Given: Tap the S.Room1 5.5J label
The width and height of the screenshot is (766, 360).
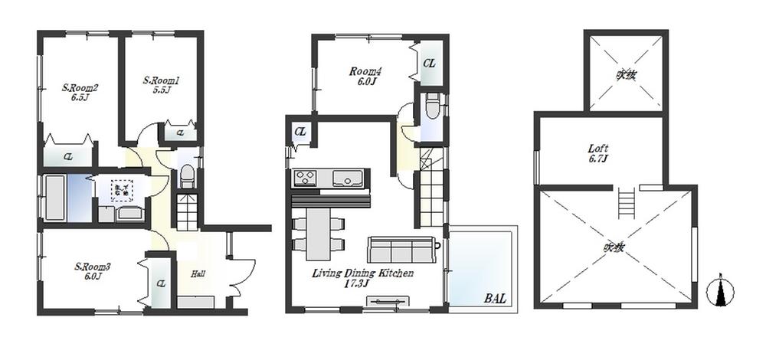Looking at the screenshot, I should pyautogui.click(x=161, y=84).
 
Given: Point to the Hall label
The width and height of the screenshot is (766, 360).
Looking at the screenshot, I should pyautogui.click(x=197, y=273).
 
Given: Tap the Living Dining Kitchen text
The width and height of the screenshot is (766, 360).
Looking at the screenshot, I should pyautogui.click(x=363, y=273).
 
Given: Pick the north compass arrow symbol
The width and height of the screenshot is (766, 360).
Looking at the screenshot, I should pyautogui.click(x=720, y=291).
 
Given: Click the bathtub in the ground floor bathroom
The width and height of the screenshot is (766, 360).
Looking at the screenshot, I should pyautogui.click(x=54, y=198).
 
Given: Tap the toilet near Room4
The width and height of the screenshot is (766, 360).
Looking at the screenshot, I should pyautogui.click(x=432, y=106).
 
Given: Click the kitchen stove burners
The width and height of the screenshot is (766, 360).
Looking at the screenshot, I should pyautogui.click(x=304, y=178).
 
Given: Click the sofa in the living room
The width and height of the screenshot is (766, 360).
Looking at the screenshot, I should pyautogui.click(x=401, y=250).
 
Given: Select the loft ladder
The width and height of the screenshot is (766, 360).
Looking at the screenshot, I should pyautogui.click(x=626, y=203).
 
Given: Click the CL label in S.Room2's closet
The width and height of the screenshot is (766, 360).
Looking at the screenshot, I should pyautogui.click(x=68, y=156).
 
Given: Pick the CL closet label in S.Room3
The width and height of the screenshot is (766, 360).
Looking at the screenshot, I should pyautogui.click(x=161, y=283).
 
